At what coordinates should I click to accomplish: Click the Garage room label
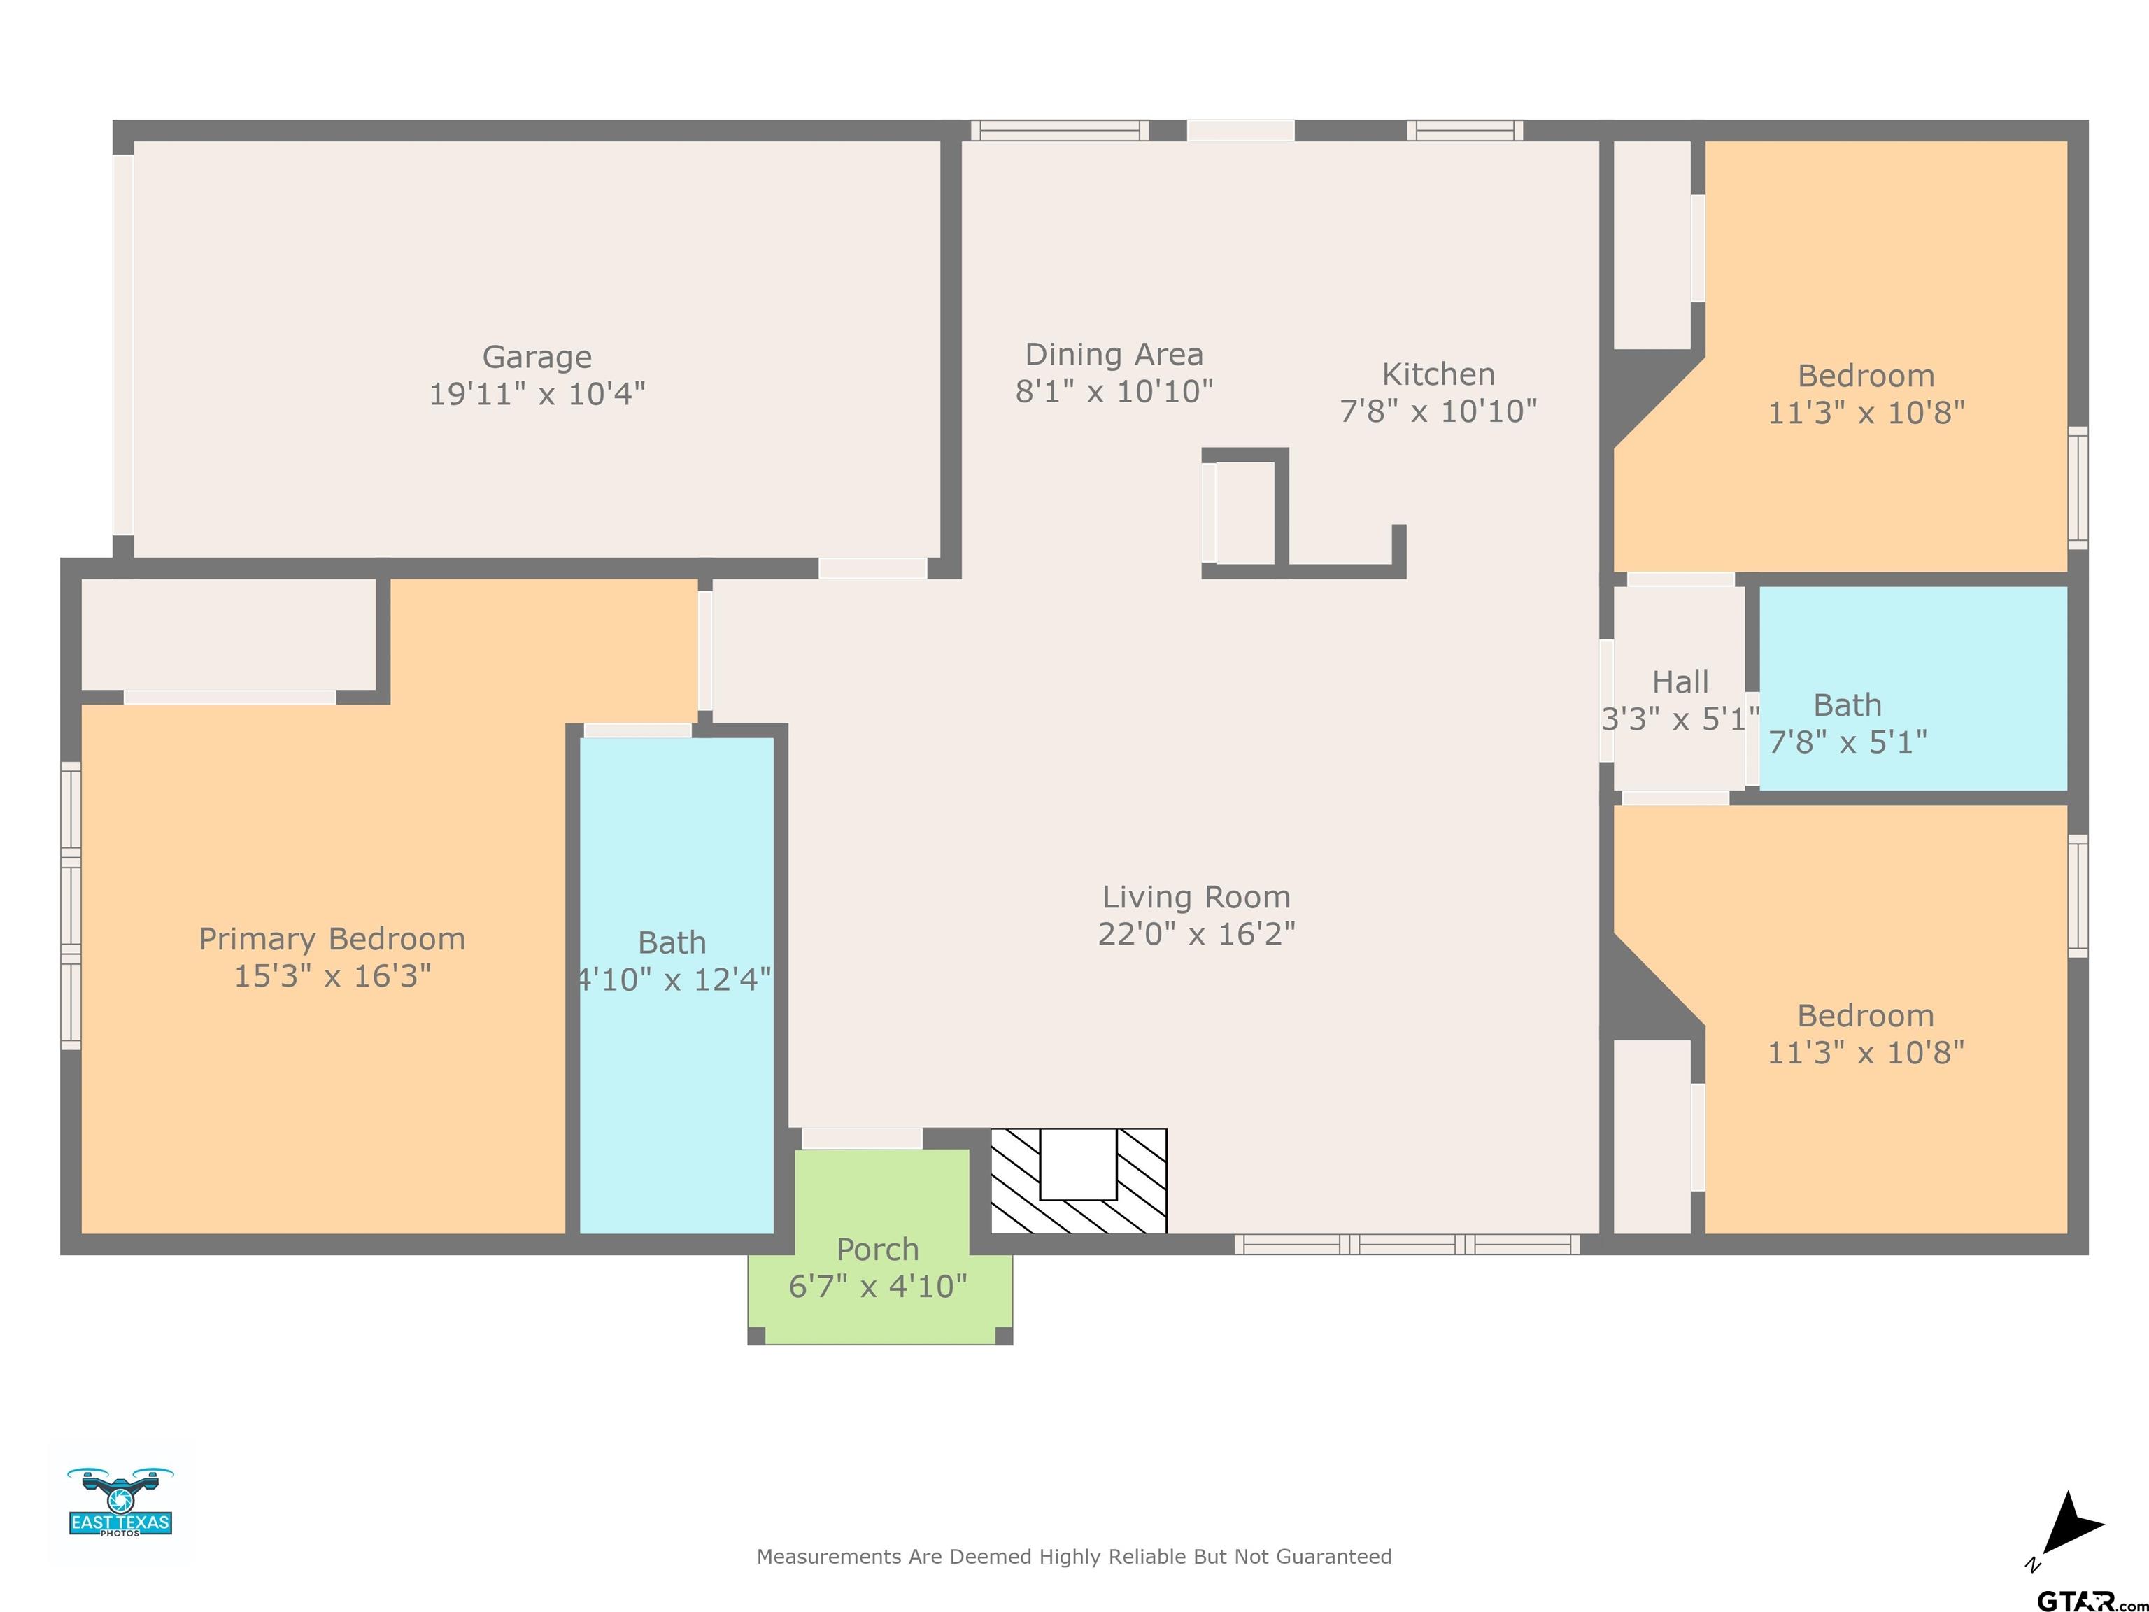click(537, 358)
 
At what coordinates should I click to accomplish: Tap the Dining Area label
click(1114, 355)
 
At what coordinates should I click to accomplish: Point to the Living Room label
click(1196, 897)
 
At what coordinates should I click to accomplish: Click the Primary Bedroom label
click(332, 939)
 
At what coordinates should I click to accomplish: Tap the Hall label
click(1681, 682)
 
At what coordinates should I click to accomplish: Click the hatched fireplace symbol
click(1079, 1180)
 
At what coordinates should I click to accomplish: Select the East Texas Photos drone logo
click(120, 1501)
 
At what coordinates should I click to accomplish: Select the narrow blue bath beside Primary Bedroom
click(676, 985)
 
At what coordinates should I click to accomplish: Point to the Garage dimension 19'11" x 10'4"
click(537, 393)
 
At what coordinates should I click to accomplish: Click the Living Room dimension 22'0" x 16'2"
click(1196, 934)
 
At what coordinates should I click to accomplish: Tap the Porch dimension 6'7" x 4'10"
click(878, 1287)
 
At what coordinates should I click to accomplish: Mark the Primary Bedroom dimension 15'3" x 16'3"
click(332, 975)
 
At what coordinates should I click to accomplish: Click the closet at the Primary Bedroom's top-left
click(228, 635)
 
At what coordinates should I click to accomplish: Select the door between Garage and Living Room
click(872, 568)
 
